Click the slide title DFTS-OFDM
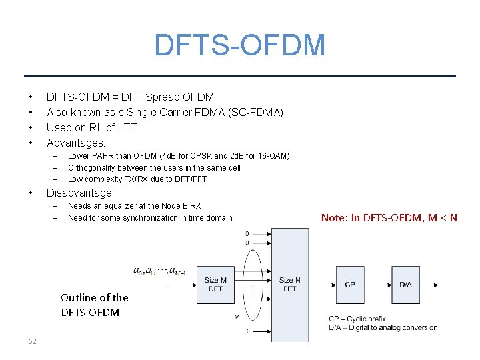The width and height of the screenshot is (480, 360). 239,45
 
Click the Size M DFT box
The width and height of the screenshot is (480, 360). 215,285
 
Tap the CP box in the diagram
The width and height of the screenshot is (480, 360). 349,285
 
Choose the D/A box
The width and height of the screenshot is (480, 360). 405,285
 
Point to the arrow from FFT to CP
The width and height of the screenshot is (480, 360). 322,285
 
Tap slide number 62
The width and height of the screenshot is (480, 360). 32,341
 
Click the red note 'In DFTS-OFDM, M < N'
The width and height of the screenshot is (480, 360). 389,218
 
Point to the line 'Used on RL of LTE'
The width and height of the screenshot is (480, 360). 91,127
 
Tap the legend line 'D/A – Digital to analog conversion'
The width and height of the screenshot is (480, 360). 383,327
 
